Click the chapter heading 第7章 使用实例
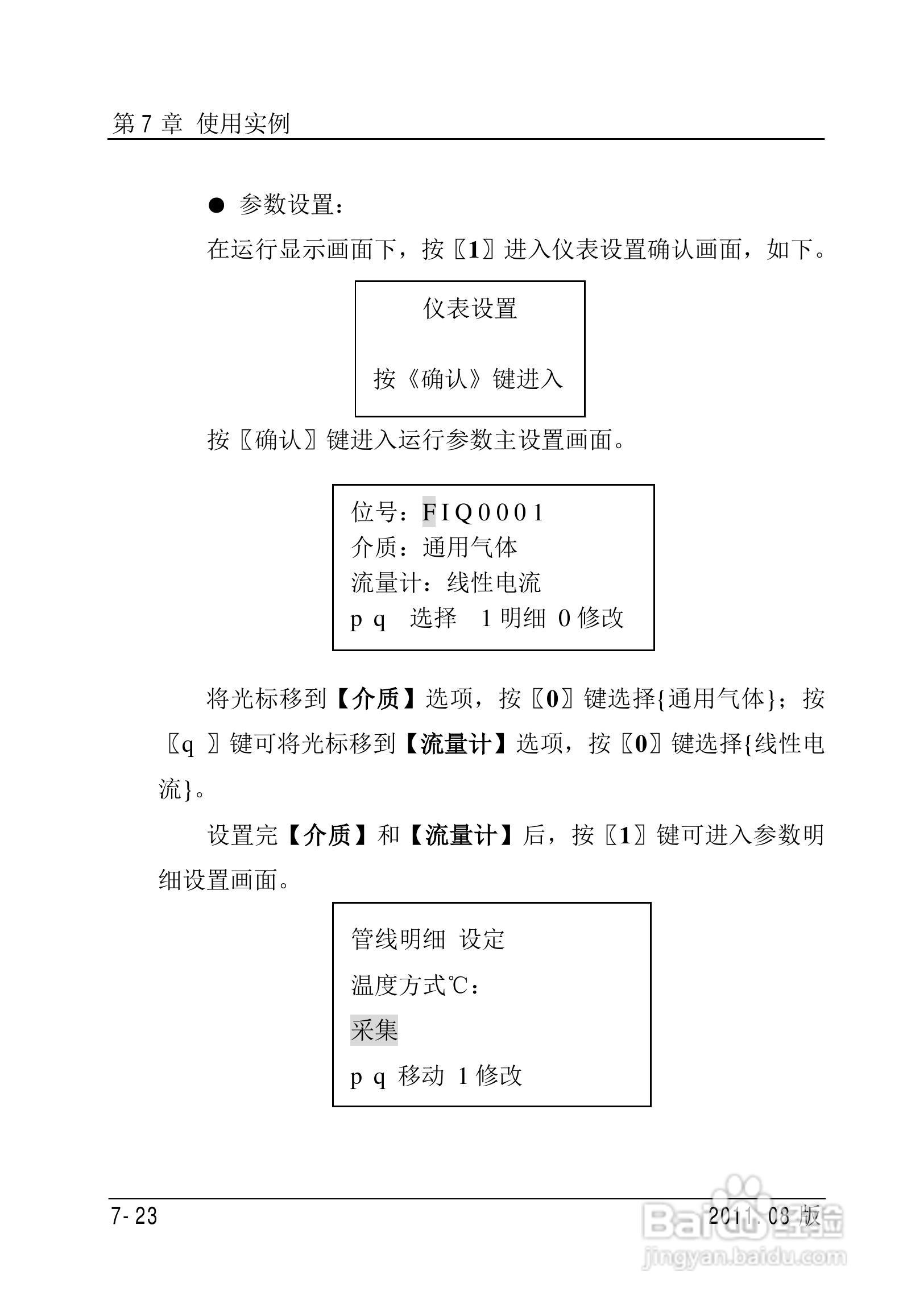coord(201,123)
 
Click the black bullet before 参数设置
coord(217,206)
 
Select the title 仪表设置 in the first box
coord(470,309)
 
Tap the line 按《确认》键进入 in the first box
coord(469,379)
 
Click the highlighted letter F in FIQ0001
coord(429,512)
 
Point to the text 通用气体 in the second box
coord(470,548)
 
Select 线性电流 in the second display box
coord(494,583)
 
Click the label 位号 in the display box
coord(375,512)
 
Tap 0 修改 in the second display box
coord(591,618)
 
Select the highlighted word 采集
coord(374,1030)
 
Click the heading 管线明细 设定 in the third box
coord(428,939)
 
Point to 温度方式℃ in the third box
coord(409,985)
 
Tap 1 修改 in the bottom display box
coord(490,1075)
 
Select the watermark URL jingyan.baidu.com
coord(744,1258)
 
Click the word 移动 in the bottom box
coord(421,1075)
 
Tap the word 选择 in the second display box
coord(433,618)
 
